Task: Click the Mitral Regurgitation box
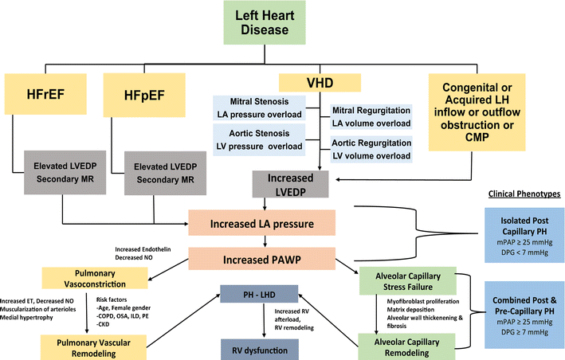pyautogui.click(x=371, y=115)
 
